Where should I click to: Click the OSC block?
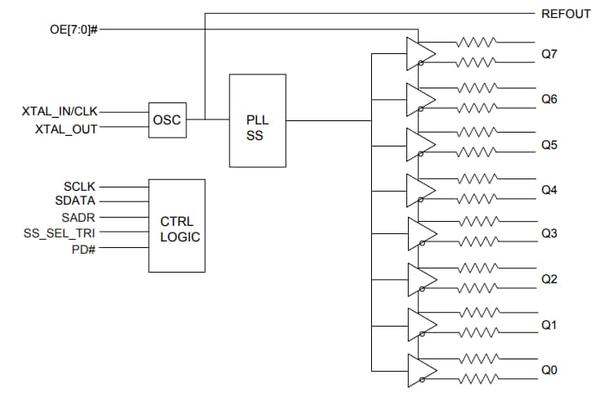(167, 120)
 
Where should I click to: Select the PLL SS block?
(257, 120)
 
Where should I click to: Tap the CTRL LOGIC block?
(176, 225)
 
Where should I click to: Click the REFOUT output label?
(566, 14)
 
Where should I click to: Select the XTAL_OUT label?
(65, 129)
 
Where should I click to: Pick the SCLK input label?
(79, 187)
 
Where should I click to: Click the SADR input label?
(78, 217)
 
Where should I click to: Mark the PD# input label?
(83, 247)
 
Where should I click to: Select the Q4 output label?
(549, 190)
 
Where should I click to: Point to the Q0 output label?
(549, 370)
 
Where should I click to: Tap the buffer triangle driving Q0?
(419, 370)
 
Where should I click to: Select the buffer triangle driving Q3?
(419, 234)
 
